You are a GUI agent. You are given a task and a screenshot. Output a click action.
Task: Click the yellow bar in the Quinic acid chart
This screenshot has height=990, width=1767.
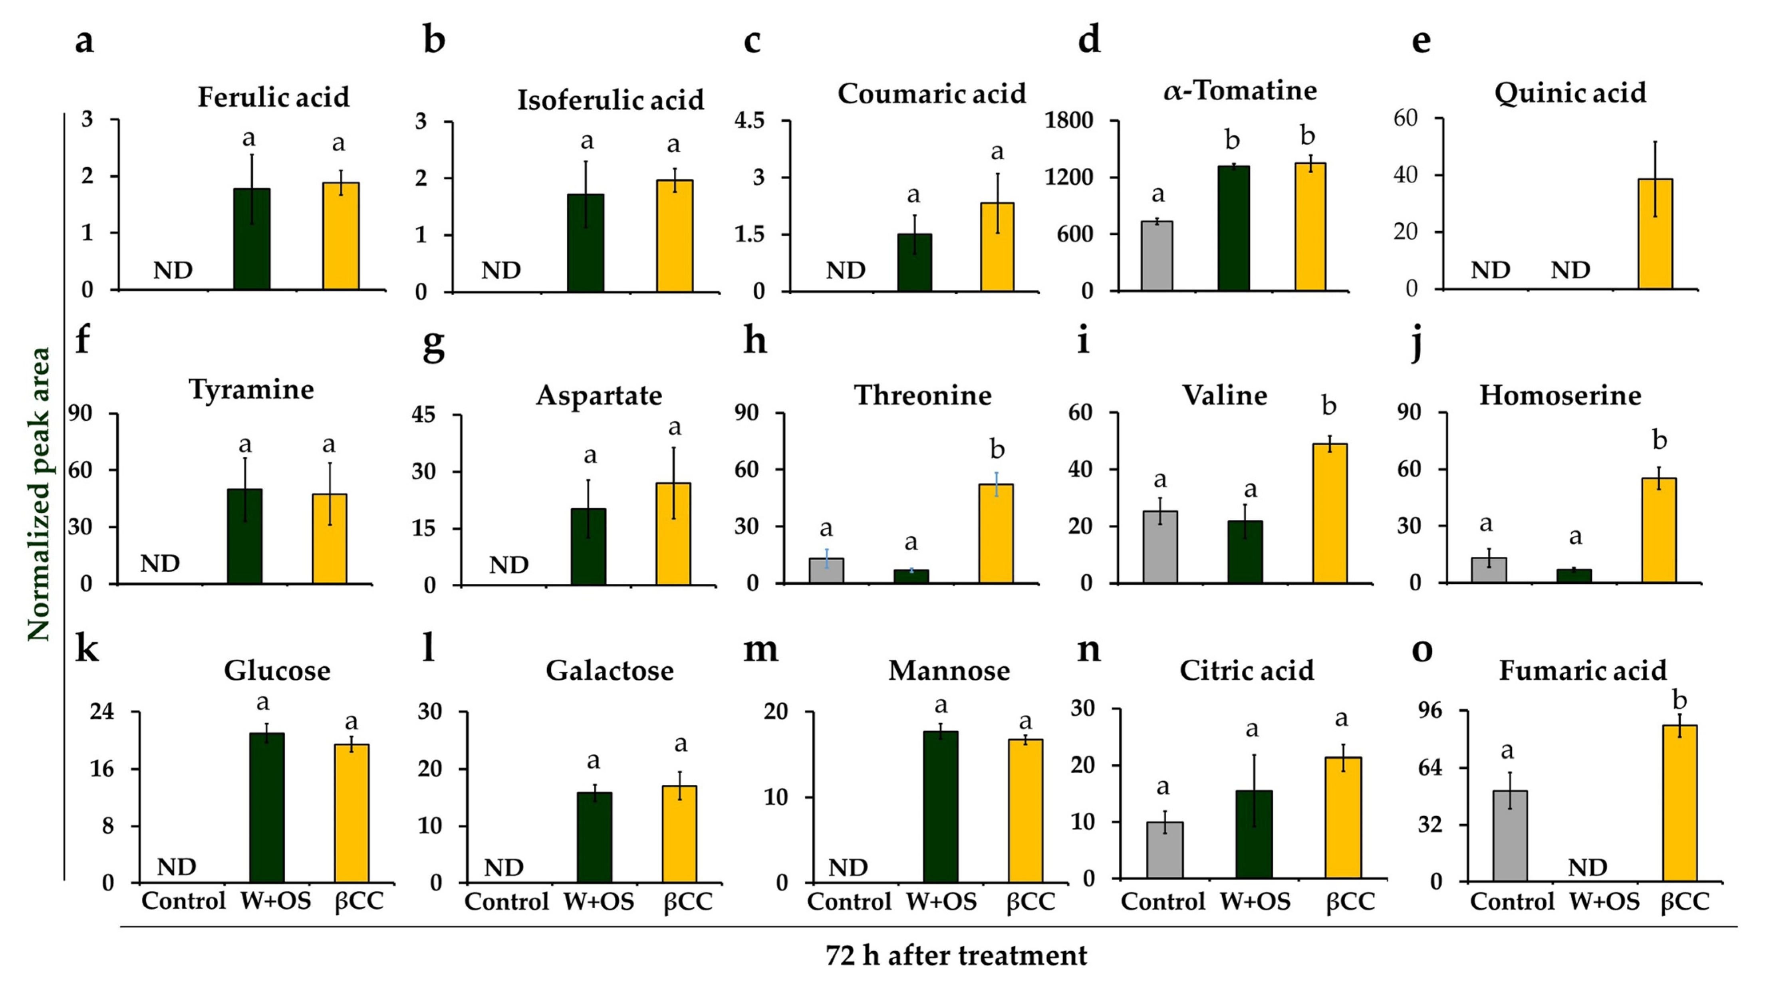click(x=1655, y=233)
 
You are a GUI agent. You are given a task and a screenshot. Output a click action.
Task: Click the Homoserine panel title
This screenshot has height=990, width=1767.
click(x=1560, y=395)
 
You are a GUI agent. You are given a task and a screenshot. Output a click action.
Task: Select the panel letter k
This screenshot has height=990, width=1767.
click(x=86, y=648)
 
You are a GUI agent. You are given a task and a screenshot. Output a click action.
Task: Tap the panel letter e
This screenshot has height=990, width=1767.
click(x=1421, y=40)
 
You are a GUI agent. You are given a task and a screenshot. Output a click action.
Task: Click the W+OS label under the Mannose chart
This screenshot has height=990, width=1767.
click(x=941, y=901)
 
